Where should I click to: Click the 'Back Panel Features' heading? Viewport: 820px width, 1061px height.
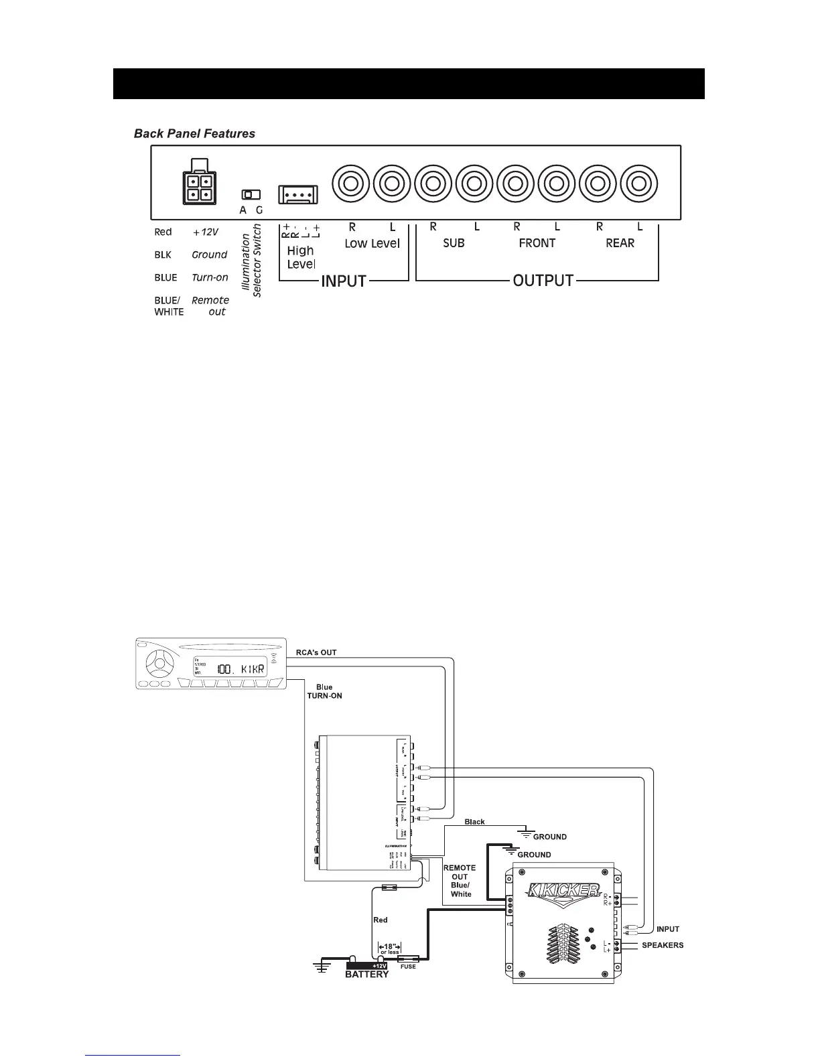click(194, 133)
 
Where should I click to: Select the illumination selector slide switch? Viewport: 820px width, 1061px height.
click(251, 195)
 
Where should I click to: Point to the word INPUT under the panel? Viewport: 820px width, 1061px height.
click(344, 281)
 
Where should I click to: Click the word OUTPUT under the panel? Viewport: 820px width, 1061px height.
click(543, 281)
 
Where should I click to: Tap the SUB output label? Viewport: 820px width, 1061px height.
click(454, 243)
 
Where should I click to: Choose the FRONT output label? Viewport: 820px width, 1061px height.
click(537, 243)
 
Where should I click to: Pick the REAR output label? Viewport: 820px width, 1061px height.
click(620, 243)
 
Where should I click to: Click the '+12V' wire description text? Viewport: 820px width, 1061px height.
click(206, 232)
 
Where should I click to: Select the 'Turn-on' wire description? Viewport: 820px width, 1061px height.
click(210, 277)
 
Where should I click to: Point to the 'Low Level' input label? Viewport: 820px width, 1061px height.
click(372, 243)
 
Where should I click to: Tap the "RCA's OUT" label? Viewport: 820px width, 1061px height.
click(316, 652)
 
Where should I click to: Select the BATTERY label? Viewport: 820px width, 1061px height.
click(366, 975)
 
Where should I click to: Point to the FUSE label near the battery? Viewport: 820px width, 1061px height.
click(407, 967)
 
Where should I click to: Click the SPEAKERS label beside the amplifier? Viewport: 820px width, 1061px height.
click(662, 945)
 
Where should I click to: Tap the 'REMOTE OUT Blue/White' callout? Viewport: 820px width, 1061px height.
click(460, 881)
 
